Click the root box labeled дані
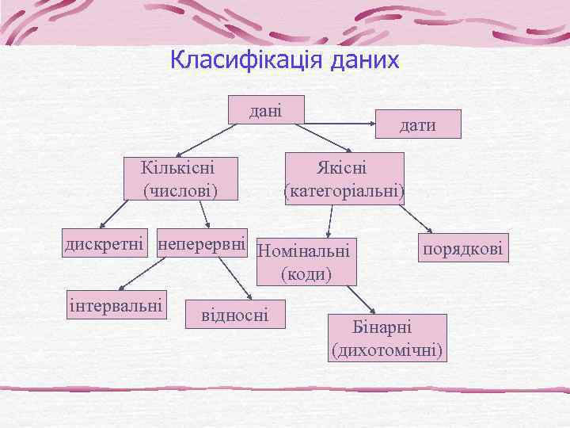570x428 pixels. [x=265, y=109]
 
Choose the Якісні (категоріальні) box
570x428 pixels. [x=343, y=179]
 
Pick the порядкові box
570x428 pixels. [x=462, y=248]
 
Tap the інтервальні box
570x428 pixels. [x=116, y=305]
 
